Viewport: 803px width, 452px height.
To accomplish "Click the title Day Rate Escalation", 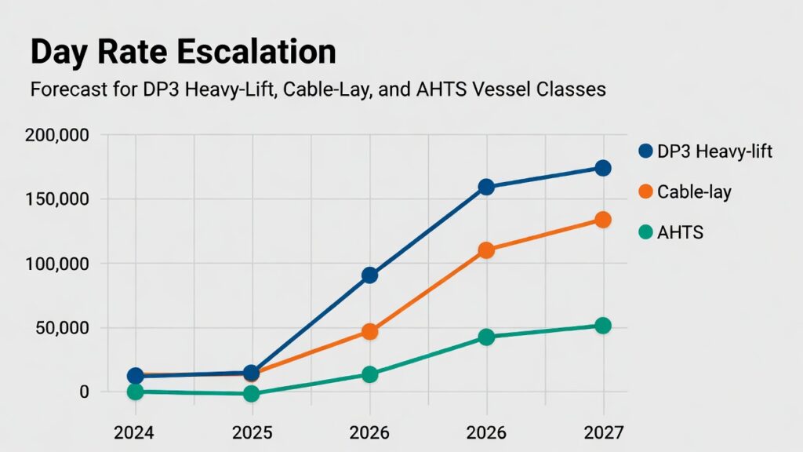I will pyautogui.click(x=183, y=52).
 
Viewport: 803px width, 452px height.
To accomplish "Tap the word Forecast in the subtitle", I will pyautogui.click(x=65, y=89).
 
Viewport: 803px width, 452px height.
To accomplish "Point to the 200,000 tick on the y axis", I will pyautogui.click(x=56, y=136).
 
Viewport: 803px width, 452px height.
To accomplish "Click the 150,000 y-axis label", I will pyautogui.click(x=56, y=199).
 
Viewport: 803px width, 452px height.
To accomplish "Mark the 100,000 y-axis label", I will pyautogui.click(x=56, y=264).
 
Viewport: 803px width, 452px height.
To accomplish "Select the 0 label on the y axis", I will pyautogui.click(x=85, y=392).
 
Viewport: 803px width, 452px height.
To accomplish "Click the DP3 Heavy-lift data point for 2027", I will pyautogui.click(x=602, y=168).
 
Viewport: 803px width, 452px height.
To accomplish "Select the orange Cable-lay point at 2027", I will pyautogui.click(x=602, y=220).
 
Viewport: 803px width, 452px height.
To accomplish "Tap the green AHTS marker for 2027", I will pyautogui.click(x=602, y=326).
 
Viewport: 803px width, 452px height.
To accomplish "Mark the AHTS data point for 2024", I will pyautogui.click(x=135, y=392).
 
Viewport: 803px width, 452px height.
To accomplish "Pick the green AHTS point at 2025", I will pyautogui.click(x=251, y=394).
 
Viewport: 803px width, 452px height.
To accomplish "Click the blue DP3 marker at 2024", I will pyautogui.click(x=135, y=376).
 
